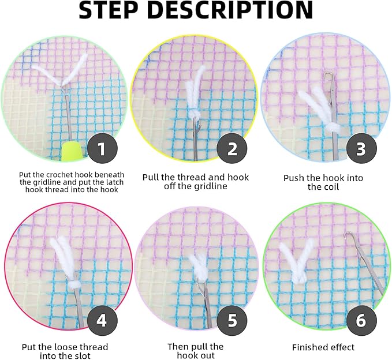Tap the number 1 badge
pos(101,150)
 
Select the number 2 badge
pos(232,150)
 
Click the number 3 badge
pos(361,150)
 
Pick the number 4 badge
pos(101,320)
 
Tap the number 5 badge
pos(232,320)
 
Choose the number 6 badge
pos(361,320)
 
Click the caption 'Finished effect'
pos(323,347)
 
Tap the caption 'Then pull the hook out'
pos(195,351)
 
